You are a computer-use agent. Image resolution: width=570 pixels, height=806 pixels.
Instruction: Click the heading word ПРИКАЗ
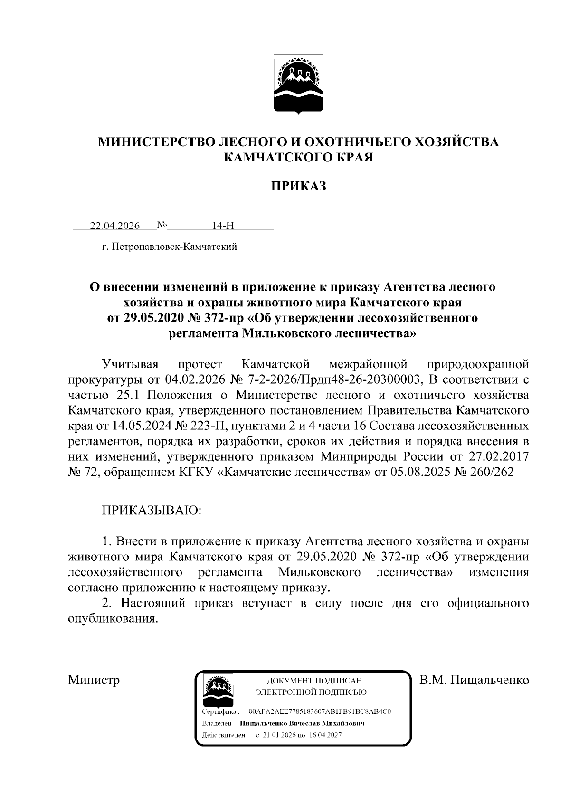click(298, 186)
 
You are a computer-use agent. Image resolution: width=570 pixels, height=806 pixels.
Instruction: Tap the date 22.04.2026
click(115, 226)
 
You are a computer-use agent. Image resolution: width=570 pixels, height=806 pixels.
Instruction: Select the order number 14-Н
click(223, 226)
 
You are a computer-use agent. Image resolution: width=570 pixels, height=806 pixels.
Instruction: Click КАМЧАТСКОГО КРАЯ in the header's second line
click(298, 157)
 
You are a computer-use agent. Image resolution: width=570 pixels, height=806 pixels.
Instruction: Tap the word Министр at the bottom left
click(94, 680)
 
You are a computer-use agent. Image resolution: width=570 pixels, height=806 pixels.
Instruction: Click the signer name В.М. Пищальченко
click(474, 680)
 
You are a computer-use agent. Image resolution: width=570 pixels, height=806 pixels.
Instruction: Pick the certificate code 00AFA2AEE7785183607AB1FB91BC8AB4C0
click(320, 712)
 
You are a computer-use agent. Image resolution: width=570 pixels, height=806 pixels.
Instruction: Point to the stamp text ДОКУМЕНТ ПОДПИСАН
click(312, 681)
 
